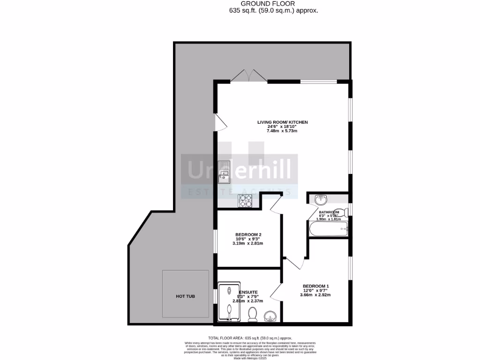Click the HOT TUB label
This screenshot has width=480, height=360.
(185, 296)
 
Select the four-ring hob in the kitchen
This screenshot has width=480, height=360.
(246, 201)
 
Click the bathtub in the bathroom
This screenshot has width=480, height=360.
(328, 229)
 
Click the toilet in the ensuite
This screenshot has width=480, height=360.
(253, 314)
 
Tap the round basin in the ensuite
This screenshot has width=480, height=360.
(271, 316)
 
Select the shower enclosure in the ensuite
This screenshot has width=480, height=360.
(228, 303)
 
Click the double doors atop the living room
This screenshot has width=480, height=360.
(248, 76)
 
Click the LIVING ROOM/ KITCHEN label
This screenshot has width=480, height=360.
(282, 122)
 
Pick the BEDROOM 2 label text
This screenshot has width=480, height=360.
(248, 235)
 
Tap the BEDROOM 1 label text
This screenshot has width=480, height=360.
(316, 286)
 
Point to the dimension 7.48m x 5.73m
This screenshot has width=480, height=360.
(282, 131)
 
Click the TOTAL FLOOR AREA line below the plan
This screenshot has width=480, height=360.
(250, 338)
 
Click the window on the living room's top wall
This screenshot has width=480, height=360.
(319, 82)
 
